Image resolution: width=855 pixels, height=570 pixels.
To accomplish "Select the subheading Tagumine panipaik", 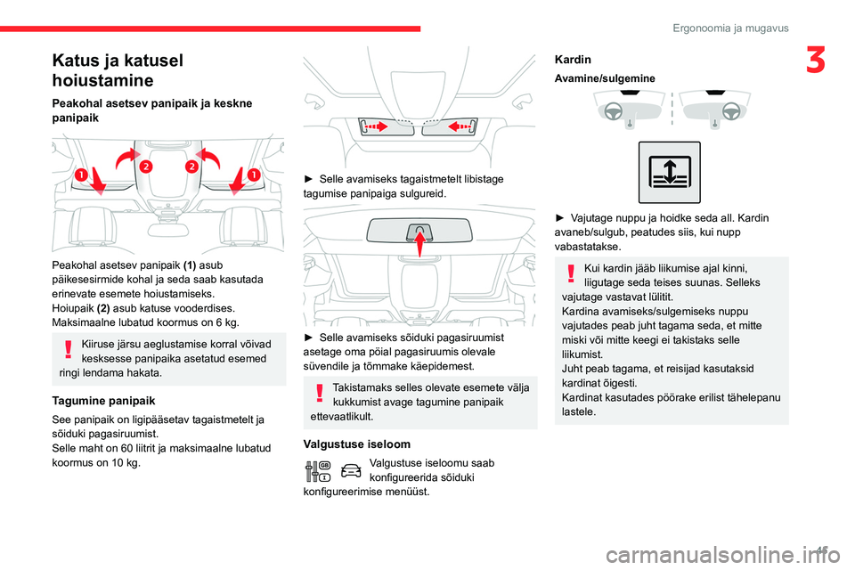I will [104, 401].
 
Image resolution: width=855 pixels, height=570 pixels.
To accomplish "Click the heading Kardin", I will [573, 60].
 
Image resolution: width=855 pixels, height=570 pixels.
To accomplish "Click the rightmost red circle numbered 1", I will [254, 174].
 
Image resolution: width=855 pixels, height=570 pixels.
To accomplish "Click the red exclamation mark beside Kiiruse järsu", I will [69, 351].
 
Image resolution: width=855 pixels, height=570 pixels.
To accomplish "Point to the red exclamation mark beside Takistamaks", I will [319, 393].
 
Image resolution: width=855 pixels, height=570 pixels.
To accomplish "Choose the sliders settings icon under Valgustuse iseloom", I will [317, 472].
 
